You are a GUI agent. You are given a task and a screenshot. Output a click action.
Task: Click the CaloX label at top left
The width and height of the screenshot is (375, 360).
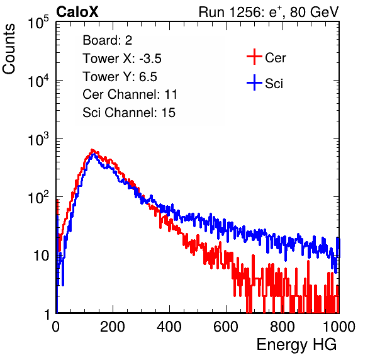pyautogui.click(x=77, y=12)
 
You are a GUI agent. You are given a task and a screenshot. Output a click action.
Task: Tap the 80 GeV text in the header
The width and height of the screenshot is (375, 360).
pyautogui.click(x=314, y=12)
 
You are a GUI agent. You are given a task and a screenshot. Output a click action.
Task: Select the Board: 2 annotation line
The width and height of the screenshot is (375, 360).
pyautogui.click(x=107, y=40)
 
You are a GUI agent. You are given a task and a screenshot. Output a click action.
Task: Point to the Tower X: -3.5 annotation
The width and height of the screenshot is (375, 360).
pyautogui.click(x=122, y=59)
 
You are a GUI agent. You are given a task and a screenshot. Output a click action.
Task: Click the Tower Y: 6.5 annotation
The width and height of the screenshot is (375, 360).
pyautogui.click(x=120, y=77)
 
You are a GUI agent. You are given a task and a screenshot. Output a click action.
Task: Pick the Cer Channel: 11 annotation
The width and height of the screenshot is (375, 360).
pyautogui.click(x=130, y=94)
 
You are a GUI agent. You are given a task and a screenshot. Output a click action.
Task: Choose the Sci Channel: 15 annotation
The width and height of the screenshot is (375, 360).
pyautogui.click(x=129, y=113)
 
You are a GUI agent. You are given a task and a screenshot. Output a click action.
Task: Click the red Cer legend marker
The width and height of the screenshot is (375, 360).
pyautogui.click(x=254, y=57)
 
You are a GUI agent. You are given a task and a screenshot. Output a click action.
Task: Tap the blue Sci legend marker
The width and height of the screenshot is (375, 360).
pyautogui.click(x=254, y=82)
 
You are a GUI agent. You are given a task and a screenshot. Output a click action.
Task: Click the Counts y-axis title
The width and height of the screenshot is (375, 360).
pyautogui.click(x=9, y=49)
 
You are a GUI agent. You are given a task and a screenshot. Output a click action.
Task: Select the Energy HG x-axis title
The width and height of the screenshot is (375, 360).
pyautogui.click(x=296, y=345)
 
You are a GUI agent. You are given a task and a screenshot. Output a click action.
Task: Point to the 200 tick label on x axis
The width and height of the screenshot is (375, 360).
pyautogui.click(x=113, y=327)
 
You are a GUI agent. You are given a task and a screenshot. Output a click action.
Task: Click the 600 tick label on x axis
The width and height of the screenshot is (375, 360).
pyautogui.click(x=226, y=327)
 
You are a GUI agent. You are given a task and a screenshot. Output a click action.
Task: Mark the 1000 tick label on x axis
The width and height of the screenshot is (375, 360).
pyautogui.click(x=339, y=327)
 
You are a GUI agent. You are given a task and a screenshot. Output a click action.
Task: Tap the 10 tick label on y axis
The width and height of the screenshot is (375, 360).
pyautogui.click(x=42, y=256)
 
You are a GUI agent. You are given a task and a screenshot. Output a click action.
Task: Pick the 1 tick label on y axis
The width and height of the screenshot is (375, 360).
pyautogui.click(x=47, y=314)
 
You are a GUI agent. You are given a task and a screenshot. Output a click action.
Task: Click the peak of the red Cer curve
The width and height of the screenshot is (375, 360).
pyautogui.click(x=92, y=150)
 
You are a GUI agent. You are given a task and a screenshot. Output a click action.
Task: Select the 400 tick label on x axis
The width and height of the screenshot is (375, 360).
pyautogui.click(x=169, y=327)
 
